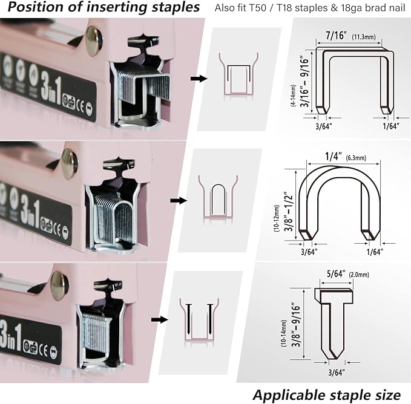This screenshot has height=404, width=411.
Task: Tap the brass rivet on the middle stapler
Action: (68, 164)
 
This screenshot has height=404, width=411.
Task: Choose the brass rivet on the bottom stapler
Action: (59, 284)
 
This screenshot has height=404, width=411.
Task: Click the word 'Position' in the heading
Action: (37, 8)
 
